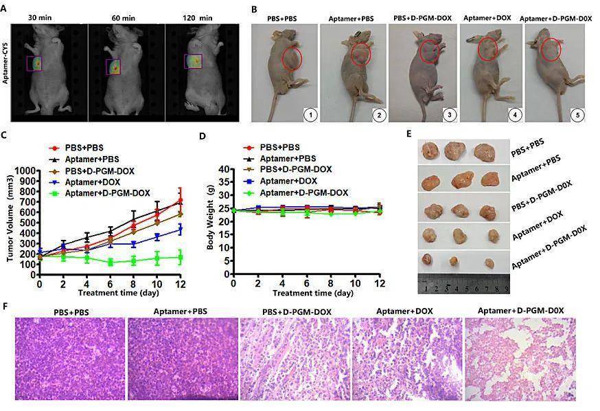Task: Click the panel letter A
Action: tap(5, 9)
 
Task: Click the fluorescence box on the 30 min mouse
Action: tap(34, 64)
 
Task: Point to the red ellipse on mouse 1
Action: tap(292, 57)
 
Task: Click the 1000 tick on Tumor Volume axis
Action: tap(25, 170)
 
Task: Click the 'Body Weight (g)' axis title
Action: tap(211, 221)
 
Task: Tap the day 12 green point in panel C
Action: tap(179, 257)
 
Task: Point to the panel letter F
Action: tap(5, 304)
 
